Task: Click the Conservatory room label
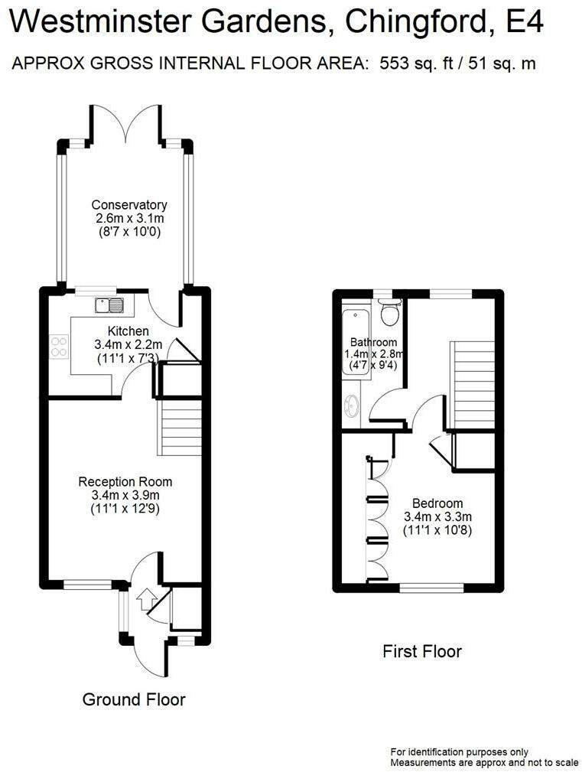point(129,205)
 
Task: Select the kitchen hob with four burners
point(59,347)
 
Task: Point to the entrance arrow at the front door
point(146,596)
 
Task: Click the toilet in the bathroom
point(390,311)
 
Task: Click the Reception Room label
point(125,482)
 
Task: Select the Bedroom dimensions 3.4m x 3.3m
point(437,516)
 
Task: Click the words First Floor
point(422,652)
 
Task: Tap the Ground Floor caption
point(134,699)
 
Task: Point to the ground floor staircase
point(180,429)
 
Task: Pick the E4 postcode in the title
point(525,23)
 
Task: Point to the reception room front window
point(88,585)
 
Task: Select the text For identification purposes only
point(460,752)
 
